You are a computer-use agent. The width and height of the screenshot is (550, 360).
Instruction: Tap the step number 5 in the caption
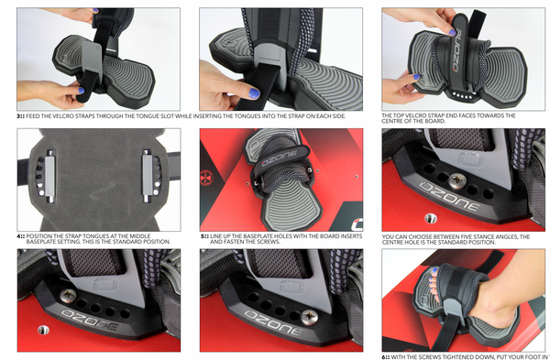[203, 236]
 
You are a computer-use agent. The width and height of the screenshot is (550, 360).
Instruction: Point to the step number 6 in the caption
[386, 355]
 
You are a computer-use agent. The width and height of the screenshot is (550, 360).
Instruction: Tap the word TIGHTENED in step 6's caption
[456, 355]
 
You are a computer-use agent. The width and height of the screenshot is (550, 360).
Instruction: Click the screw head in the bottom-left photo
[68, 296]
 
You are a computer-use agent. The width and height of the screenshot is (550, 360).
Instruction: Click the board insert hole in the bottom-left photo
[39, 327]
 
